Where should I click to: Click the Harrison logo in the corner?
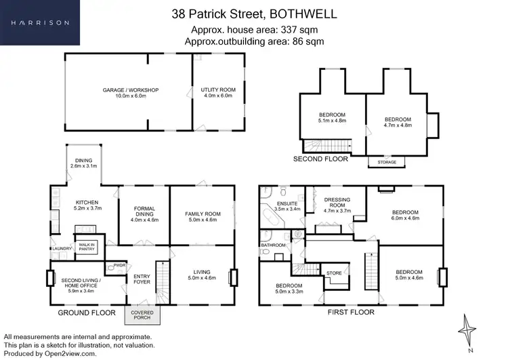tap(39, 22)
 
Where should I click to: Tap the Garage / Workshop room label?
tap(130, 90)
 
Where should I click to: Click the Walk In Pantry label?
tap(87, 247)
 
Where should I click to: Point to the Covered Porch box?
tap(142, 315)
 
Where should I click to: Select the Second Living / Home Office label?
tap(81, 280)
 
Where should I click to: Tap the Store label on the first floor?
tap(334, 273)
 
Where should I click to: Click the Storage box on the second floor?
tap(383, 162)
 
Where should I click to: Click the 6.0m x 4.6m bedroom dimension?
tap(406, 218)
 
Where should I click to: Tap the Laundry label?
tap(62, 249)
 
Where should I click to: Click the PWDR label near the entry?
tap(120, 264)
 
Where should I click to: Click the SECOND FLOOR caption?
tap(320, 159)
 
